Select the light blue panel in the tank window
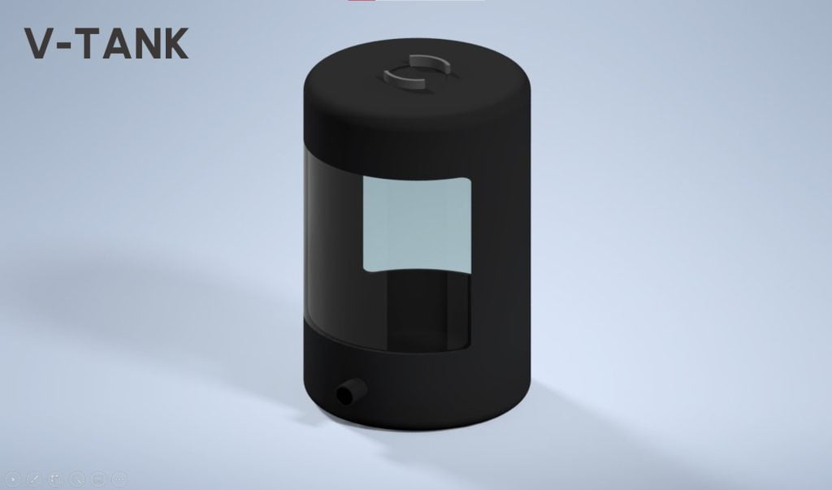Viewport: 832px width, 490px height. pos(415,223)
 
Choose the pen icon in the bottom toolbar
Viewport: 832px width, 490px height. pos(35,479)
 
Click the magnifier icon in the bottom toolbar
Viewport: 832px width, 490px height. pos(77,479)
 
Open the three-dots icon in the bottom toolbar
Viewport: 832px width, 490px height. pos(119,479)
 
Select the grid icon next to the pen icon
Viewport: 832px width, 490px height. pos(56,479)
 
